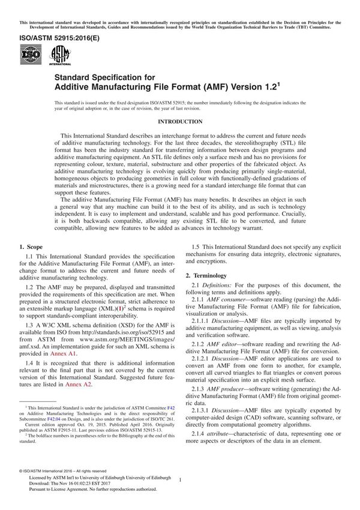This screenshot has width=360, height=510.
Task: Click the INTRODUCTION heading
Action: (180, 122)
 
